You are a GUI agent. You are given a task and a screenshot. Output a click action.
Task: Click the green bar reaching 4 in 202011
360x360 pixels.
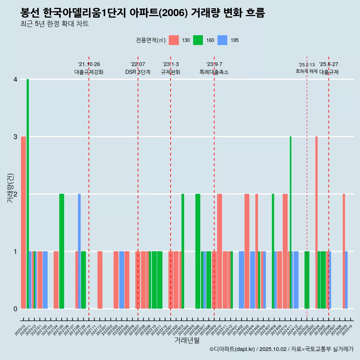click(28, 194)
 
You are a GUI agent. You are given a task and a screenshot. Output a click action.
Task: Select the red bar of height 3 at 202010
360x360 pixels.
click(23, 222)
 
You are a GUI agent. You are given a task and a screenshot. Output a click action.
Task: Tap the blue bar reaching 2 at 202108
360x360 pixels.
click(79, 251)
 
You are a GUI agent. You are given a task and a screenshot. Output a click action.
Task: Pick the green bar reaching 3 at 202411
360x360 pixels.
click(291, 222)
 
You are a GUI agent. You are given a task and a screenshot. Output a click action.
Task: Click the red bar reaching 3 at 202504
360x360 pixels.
click(316, 222)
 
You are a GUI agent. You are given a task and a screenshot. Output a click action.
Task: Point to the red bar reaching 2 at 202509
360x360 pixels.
click(344, 251)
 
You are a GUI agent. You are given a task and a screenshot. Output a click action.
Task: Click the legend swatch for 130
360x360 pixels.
click(174, 40)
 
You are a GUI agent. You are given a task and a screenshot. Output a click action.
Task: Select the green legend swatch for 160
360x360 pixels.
click(198, 40)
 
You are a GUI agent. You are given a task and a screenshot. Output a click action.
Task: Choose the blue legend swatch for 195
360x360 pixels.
click(222, 40)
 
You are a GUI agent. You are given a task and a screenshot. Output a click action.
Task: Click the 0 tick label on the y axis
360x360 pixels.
click(15, 309)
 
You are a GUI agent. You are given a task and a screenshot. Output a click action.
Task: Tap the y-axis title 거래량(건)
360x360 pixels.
click(10, 188)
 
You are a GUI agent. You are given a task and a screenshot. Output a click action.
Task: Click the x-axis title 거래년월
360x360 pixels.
click(187, 340)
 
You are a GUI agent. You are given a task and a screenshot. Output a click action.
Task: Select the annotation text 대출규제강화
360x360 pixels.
click(89, 72)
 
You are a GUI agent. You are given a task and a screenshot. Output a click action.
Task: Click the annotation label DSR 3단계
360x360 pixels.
click(138, 72)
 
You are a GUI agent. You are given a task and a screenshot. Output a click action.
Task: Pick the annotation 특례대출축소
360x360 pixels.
click(214, 72)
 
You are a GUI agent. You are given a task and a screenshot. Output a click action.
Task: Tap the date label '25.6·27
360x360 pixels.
click(328, 64)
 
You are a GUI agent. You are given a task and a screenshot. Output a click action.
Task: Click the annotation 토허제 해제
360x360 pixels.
click(306, 71)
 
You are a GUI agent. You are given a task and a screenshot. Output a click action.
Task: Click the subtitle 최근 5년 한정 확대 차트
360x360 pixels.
click(54, 24)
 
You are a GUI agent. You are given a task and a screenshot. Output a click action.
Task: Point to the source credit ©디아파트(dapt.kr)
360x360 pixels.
click(232, 349)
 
